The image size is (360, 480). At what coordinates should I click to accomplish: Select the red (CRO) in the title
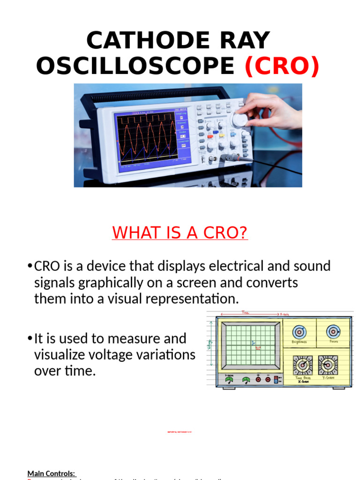pyautogui.click(x=282, y=67)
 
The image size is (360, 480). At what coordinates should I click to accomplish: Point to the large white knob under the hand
pyautogui.click(x=240, y=120)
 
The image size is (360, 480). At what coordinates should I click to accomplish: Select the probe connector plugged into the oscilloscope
pyautogui.click(x=228, y=158)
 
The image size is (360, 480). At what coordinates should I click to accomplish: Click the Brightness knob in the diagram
pyautogui.click(x=299, y=332)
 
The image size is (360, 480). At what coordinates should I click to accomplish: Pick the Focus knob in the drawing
pyautogui.click(x=333, y=332)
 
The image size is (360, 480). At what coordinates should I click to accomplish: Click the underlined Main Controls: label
pyautogui.click(x=51, y=473)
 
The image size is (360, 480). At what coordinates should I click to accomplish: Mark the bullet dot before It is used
pyautogui.click(x=30, y=338)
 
